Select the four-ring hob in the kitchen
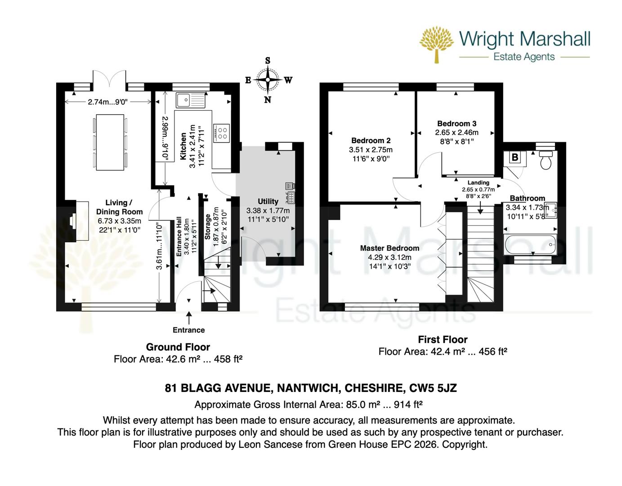(x=222, y=132)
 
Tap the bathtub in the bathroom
(x=531, y=244)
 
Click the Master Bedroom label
(x=389, y=248)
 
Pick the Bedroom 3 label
(x=456, y=123)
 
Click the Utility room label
(x=268, y=201)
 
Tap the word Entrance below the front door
(x=189, y=330)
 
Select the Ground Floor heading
(x=178, y=347)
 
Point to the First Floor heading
(x=443, y=339)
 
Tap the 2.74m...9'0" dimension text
(x=108, y=102)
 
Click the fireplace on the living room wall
(x=74, y=221)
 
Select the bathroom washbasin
(x=551, y=209)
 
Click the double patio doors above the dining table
(x=108, y=80)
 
